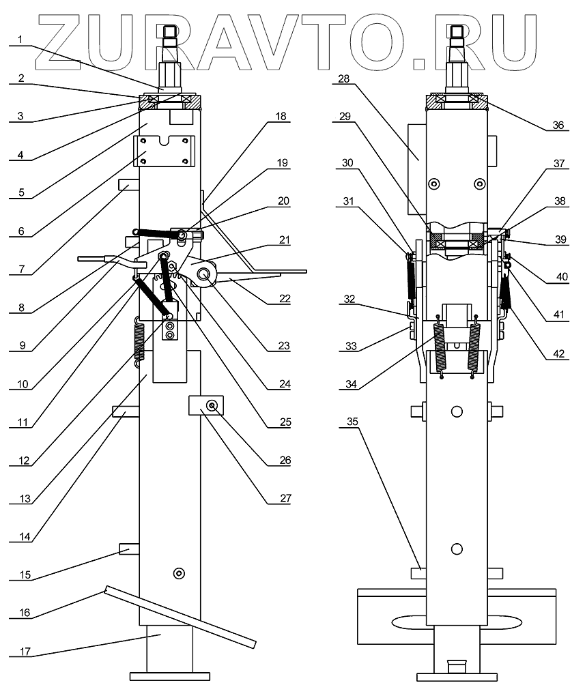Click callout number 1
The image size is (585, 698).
point(20,40)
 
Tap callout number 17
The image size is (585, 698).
point(25,651)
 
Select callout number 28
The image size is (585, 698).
point(344,78)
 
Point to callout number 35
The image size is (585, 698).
point(352,421)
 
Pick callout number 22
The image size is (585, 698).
point(285,298)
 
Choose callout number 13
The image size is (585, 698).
point(25,499)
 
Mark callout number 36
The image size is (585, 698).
point(558,125)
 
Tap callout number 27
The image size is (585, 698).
point(285,498)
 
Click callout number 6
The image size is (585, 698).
point(21,231)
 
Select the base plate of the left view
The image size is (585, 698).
point(169,676)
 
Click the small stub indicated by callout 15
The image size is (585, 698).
point(129,549)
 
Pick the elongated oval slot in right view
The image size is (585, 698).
point(456,623)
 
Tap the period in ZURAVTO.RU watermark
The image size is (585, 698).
point(420,62)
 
